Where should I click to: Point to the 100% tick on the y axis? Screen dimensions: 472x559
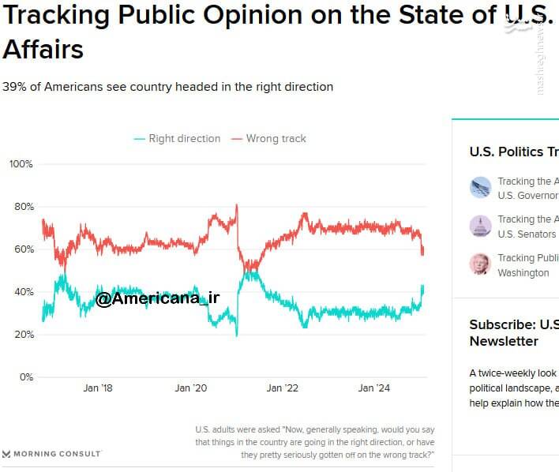[x=21, y=164]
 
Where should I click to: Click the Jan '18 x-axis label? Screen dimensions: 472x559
[x=97, y=388]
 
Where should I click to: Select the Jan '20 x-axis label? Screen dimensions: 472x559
[x=189, y=388]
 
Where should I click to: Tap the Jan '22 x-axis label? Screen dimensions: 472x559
[x=282, y=388]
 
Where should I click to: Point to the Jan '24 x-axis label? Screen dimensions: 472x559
[x=373, y=388]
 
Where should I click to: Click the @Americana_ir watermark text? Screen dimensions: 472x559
[x=158, y=298]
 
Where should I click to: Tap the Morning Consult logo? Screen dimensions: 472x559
[x=52, y=454]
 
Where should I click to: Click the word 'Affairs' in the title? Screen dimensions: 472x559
[x=43, y=50]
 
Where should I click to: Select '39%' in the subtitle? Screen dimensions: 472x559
[x=13, y=87]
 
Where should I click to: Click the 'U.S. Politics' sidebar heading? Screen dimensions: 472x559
[x=506, y=152]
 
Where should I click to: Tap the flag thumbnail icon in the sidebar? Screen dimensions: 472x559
[x=480, y=188]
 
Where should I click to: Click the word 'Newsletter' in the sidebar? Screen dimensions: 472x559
[x=504, y=341]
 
